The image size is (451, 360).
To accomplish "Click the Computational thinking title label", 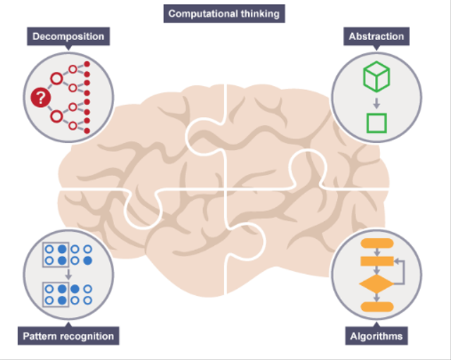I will [x=224, y=13].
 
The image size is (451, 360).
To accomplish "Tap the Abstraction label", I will [x=376, y=37].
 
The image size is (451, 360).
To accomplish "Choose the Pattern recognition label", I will [x=68, y=336].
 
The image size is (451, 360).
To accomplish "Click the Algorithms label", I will [x=377, y=336].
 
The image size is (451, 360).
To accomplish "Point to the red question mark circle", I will [x=41, y=98].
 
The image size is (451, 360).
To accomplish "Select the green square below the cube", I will [x=377, y=123].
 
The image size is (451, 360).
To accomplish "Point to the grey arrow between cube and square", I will [x=376, y=101].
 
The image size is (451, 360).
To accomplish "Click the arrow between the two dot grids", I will [x=68, y=275].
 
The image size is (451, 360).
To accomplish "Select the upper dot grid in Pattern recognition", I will [x=68, y=254].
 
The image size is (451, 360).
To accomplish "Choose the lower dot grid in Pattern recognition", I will [x=68, y=294].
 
